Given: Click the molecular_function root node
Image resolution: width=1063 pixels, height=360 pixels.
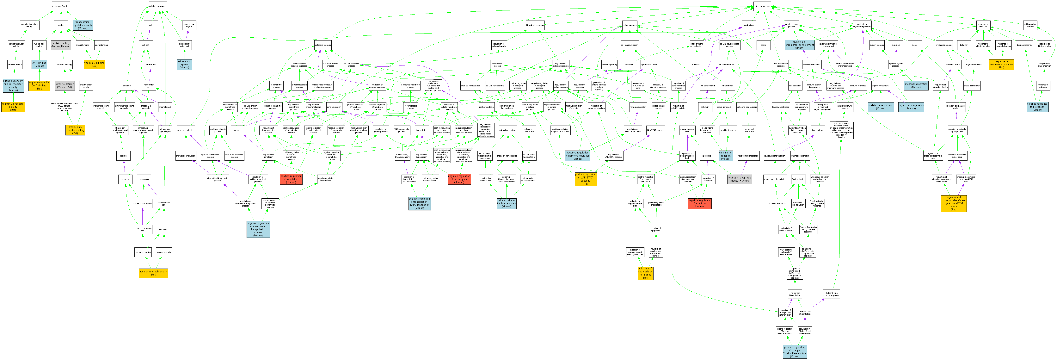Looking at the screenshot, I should (61, 6).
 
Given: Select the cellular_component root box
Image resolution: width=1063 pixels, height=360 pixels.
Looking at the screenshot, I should (158, 6).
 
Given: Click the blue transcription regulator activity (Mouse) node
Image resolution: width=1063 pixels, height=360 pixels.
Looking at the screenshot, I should (83, 25).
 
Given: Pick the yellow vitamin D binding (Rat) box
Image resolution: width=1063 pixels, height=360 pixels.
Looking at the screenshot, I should (95, 64).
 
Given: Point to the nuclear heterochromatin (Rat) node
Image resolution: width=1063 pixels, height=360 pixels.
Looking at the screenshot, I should (154, 273).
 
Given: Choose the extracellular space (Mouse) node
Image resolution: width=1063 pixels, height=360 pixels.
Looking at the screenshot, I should (184, 64).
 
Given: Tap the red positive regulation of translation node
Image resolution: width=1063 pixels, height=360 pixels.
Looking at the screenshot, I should (291, 179).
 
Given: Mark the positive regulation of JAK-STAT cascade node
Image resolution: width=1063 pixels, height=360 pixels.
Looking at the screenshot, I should (586, 179).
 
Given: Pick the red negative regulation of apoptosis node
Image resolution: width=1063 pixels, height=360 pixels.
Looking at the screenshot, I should (699, 203).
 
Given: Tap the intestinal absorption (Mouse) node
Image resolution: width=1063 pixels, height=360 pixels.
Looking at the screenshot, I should (916, 85).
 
